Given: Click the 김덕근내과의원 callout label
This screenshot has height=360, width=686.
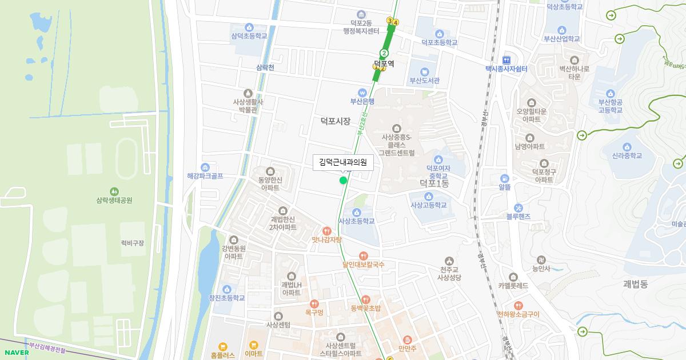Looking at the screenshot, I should (x=343, y=162).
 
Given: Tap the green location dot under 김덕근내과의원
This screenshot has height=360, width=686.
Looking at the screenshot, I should (x=343, y=181).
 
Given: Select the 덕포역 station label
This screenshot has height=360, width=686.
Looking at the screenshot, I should (x=384, y=63).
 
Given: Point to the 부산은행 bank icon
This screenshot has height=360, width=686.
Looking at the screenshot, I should (x=362, y=92).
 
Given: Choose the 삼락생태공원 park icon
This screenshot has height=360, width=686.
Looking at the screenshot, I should (x=114, y=191).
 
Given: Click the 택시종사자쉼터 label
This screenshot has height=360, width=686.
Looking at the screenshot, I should (x=506, y=69).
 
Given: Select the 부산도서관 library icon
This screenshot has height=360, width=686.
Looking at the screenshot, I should (x=424, y=71).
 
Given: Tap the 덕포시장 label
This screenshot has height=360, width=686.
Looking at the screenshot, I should (x=335, y=121).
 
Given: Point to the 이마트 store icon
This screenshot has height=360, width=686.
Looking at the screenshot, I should (x=254, y=345).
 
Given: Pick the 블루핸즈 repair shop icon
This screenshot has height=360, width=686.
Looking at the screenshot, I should (x=518, y=207).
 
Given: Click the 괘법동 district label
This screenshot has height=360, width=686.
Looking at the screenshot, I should (x=636, y=284).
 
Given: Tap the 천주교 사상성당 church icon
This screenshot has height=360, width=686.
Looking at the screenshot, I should (x=449, y=260).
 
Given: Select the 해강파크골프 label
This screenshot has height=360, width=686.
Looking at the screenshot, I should (x=205, y=176).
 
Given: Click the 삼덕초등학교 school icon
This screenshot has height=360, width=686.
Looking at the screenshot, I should (x=249, y=27).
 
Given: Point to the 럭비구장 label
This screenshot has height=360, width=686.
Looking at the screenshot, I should (x=133, y=243).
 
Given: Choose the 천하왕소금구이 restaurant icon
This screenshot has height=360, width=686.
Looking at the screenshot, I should (x=518, y=305).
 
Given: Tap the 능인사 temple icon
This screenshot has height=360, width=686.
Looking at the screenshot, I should (x=541, y=259).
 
